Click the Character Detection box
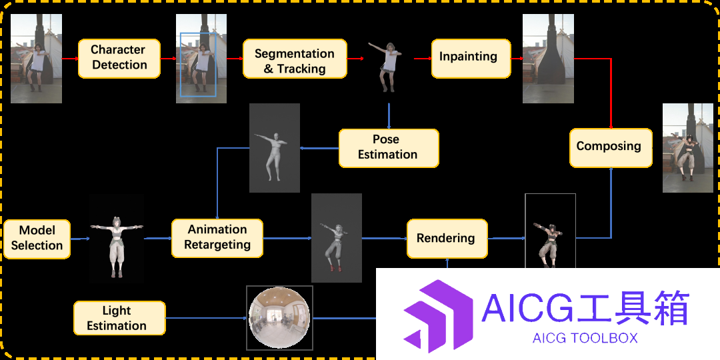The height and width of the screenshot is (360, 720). coord(119,58)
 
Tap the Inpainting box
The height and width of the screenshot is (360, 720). coord(471,58)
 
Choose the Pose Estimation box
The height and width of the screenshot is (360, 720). coord(389,148)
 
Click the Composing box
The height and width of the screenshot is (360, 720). coord(611,147)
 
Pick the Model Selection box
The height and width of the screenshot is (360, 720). coord(37,239)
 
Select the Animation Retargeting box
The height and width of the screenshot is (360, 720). coord(217,238)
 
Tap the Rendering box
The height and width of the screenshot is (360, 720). coord(447,238)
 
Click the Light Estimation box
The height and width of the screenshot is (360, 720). coord(119,318)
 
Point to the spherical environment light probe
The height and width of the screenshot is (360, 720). coord(279,318)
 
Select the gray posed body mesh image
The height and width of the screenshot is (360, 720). coord(275,148)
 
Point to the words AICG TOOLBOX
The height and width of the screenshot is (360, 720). coord(585,339)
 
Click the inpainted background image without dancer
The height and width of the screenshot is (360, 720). coord(548,58)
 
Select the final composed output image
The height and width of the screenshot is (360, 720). coord(688,148)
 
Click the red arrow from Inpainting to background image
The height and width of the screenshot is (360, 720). coord(517,59)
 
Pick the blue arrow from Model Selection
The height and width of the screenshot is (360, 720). coord(80,239)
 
